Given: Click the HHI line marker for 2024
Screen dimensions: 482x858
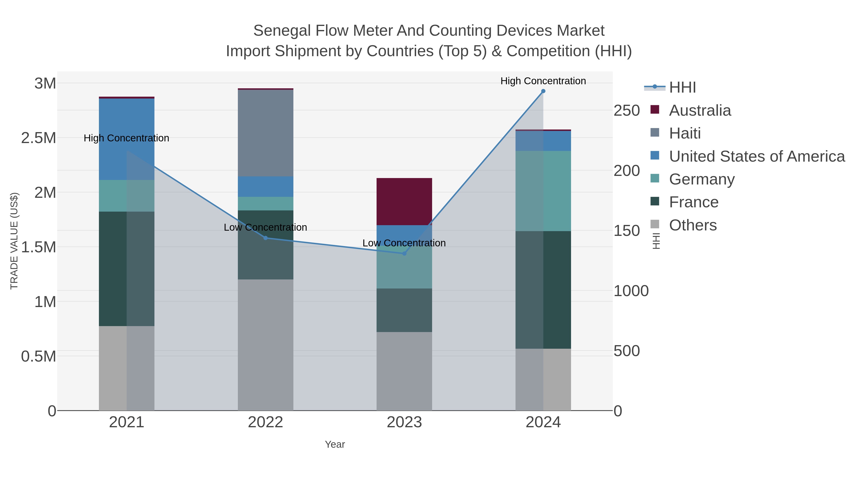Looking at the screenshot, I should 543,91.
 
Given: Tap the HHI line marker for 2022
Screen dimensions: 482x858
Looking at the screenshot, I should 266,238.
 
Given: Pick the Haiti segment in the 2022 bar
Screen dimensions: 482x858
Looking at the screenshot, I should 266,133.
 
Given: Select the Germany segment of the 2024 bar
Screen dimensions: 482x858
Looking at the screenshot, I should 543,191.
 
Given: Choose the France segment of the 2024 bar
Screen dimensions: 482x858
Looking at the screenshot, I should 543,289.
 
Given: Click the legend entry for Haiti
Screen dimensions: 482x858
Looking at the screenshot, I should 685,133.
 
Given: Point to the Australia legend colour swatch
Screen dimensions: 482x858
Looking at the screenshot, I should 654,110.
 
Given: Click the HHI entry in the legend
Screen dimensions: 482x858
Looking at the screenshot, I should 682,88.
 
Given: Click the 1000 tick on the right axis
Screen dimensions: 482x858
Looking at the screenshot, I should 631,291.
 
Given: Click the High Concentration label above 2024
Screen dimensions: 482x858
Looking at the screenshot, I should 543,81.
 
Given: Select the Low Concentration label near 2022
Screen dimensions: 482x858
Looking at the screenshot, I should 266,228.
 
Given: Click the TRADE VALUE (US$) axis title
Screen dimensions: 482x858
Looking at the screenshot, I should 14,241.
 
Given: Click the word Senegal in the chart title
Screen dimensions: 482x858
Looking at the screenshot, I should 282,31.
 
